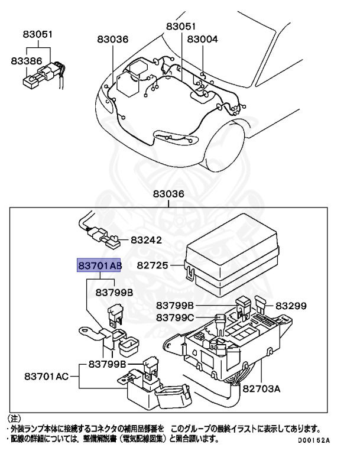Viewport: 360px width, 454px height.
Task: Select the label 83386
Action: click(24, 60)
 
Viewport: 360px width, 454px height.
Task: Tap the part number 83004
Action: click(202, 39)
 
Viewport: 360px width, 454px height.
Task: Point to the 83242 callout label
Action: click(145, 241)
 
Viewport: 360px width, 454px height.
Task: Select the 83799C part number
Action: click(175, 318)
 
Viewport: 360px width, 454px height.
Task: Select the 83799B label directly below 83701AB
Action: click(114, 292)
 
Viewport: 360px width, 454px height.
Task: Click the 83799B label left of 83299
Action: click(175, 306)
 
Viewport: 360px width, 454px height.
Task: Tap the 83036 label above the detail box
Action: click(168, 194)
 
